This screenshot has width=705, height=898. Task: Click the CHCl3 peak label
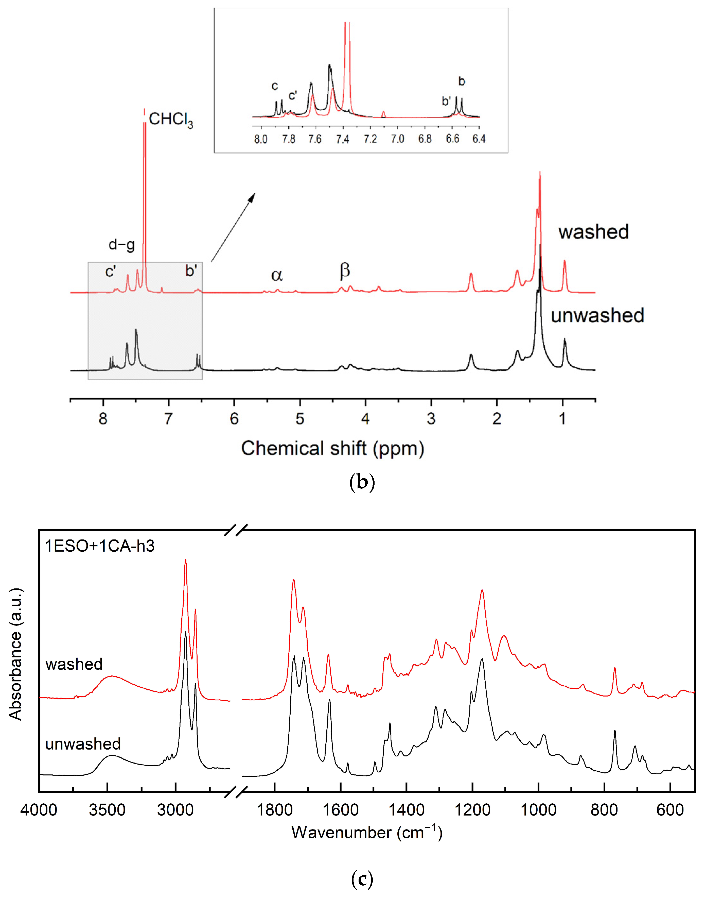(170, 120)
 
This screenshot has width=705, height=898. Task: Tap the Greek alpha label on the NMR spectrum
(277, 275)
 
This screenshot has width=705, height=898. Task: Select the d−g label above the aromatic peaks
(121, 245)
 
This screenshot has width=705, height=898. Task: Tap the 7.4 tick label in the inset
(342, 139)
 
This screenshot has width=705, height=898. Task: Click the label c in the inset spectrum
(274, 86)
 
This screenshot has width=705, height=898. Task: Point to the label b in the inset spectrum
(462, 81)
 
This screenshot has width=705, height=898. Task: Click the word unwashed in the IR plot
(83, 744)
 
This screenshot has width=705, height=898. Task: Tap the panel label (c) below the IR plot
(362, 879)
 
